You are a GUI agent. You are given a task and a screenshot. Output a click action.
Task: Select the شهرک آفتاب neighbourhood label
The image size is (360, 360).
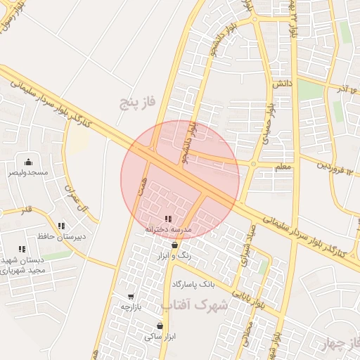click(195, 306)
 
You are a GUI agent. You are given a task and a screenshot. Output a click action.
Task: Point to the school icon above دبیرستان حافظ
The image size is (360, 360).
click(61, 226)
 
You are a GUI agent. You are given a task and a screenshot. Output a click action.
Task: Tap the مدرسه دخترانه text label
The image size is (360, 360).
click(168, 229)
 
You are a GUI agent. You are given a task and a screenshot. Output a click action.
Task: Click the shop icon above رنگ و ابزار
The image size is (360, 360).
click(174, 245)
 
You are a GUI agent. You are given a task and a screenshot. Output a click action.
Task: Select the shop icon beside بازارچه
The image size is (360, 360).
click(131, 296)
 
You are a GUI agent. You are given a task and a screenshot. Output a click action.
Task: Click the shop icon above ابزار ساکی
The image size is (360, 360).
click(160, 326)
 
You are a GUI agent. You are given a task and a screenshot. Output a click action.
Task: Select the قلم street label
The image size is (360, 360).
click(26, 210)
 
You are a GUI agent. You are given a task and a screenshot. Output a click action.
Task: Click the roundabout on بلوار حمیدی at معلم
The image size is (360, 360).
click(253, 165)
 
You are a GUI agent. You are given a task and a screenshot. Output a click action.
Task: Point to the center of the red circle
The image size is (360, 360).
click(180, 180)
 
